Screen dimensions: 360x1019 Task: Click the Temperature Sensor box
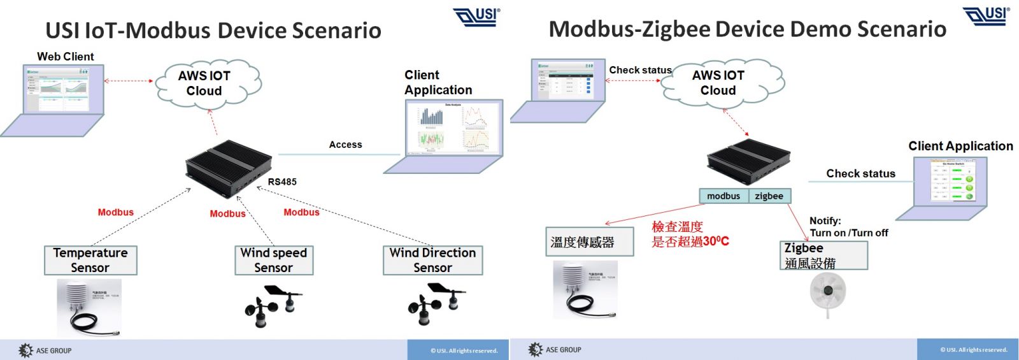[x=90, y=261]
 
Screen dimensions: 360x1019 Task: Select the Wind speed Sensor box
[x=274, y=261]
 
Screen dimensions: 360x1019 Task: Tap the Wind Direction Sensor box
[x=432, y=261]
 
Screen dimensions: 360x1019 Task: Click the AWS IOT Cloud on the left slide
[x=204, y=83]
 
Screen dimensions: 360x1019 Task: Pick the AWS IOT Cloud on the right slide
[x=718, y=83]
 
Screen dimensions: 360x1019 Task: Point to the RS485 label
[x=282, y=182]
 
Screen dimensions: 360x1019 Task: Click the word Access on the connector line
[x=345, y=145]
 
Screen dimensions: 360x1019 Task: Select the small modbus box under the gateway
[x=723, y=196]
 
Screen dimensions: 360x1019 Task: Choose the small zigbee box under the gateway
[x=769, y=196]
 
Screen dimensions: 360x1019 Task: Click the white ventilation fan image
[x=827, y=292]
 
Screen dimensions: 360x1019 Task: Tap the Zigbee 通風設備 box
[x=823, y=256]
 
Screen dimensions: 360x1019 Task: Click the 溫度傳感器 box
[x=589, y=242]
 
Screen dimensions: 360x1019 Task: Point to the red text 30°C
[x=716, y=241]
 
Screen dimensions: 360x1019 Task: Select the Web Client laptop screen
[x=62, y=89]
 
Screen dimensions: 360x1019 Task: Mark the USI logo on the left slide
[x=477, y=17]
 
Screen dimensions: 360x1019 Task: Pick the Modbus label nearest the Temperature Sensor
[x=115, y=212]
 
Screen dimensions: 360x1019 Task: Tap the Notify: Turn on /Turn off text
[x=848, y=227]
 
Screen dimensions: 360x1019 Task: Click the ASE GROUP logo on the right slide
[x=555, y=350]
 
